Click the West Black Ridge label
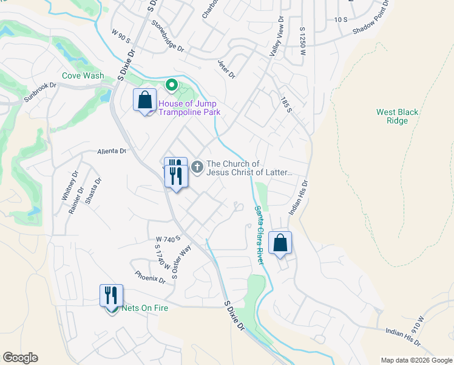pos(398,116)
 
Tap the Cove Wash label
pos(83,76)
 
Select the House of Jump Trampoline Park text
pos(188,108)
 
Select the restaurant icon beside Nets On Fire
pos(112,296)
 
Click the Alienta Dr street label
pos(110,151)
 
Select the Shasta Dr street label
pos(93,192)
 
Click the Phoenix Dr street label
pos(151,277)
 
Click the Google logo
pos(20,358)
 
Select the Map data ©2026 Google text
pos(416,360)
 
